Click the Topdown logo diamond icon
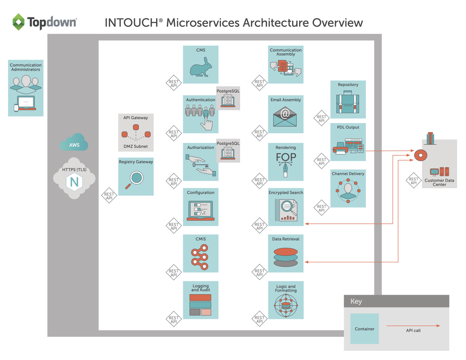[x=19, y=22]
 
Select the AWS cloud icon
[x=74, y=144]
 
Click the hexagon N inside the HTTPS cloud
[x=74, y=182]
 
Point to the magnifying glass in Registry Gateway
[x=135, y=179]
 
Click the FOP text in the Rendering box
[x=285, y=158]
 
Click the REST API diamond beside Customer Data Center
[x=414, y=181]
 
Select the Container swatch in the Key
[x=364, y=329]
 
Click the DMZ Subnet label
[x=135, y=146]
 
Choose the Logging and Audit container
[x=201, y=300]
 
